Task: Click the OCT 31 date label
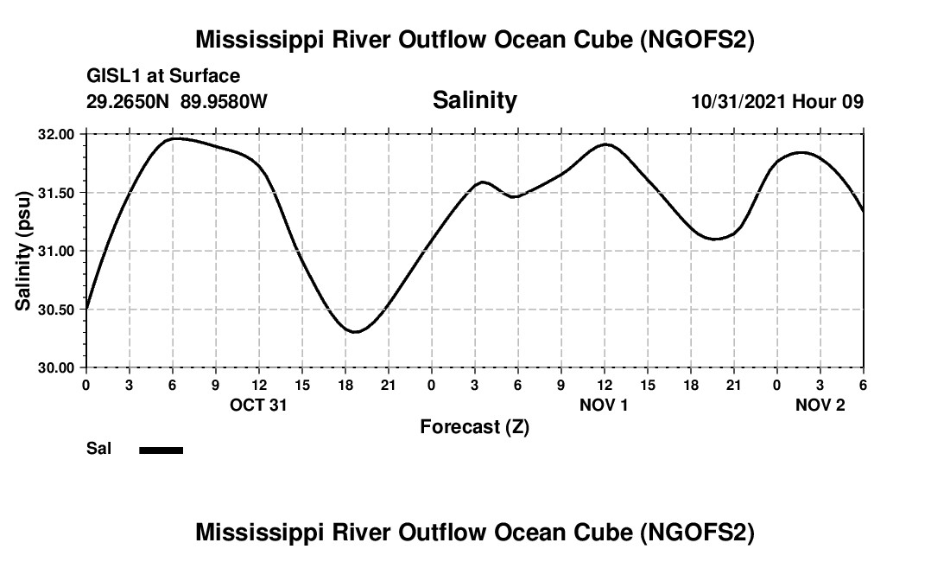[258, 405]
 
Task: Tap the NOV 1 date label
[604, 405]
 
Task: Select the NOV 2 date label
[820, 405]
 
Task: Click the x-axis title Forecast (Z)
[474, 426]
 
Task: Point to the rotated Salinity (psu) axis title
[24, 251]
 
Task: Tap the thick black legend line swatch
[161, 450]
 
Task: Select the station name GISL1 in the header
[115, 77]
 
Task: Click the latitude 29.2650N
[129, 101]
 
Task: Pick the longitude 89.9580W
[224, 101]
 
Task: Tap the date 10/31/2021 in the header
[738, 101]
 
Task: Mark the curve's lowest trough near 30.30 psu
[355, 331]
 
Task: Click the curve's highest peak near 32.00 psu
[175, 138]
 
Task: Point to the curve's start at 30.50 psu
[86, 309]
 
